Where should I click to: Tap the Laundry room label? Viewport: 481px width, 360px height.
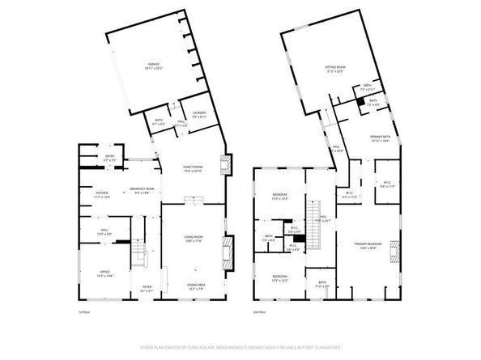point(198,114)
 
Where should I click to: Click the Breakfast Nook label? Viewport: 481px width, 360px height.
point(143,191)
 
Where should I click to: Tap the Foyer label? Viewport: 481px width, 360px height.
point(147,287)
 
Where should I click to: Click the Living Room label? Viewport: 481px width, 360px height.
point(192,236)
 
